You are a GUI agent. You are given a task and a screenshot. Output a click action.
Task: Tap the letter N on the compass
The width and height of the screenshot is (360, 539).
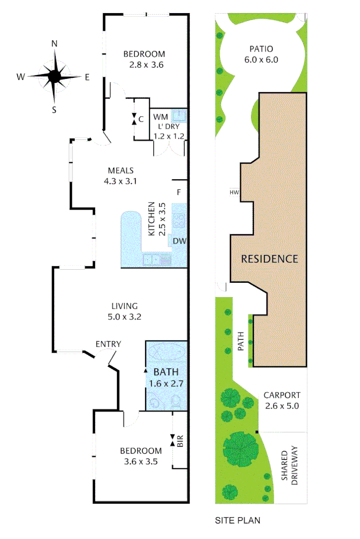click(55, 44)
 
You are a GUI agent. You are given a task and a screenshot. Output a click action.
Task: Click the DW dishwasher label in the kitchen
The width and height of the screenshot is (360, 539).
click(179, 241)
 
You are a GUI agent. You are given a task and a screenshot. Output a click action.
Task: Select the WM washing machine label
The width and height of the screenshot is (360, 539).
click(160, 118)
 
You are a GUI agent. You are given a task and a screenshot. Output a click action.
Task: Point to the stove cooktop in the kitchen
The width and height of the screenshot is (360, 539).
click(179, 220)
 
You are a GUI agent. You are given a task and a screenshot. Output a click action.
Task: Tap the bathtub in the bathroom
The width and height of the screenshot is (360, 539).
click(166, 352)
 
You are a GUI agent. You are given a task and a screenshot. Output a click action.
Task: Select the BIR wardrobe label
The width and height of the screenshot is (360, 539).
click(180, 441)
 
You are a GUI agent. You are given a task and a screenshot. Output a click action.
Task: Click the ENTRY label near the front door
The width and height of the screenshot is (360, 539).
click(108, 345)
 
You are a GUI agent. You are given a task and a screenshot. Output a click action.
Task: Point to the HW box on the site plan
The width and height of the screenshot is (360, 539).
click(234, 192)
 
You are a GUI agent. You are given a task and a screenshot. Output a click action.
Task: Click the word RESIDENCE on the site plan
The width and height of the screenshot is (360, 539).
click(269, 259)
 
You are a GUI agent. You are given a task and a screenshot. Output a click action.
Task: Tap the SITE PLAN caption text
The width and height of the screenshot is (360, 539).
click(238, 520)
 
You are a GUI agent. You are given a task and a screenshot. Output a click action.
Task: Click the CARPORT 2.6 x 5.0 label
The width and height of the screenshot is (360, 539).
click(282, 400)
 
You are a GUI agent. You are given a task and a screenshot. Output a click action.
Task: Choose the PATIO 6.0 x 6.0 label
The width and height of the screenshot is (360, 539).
click(261, 54)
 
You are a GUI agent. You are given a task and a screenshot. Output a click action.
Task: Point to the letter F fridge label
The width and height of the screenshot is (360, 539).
click(178, 192)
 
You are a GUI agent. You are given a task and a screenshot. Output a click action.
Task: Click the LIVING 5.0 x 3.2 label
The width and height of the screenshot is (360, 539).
click(124, 311)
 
